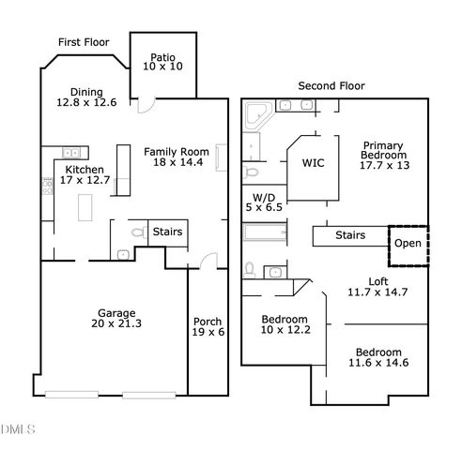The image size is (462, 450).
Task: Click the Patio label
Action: click(162, 63)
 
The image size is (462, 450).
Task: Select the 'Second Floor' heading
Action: click(330, 85)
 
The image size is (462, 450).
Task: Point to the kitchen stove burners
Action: click(46, 187)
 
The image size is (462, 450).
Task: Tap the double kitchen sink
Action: click(69, 152)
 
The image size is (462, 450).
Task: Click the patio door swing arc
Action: click(146, 106)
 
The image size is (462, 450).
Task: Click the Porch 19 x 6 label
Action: click(208, 325)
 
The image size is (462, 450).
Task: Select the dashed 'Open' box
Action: click(408, 243)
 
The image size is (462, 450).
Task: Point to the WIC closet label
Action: click(313, 163)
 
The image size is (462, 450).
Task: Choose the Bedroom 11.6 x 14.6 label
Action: click(376, 357)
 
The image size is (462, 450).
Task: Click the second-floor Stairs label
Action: click(350, 235)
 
